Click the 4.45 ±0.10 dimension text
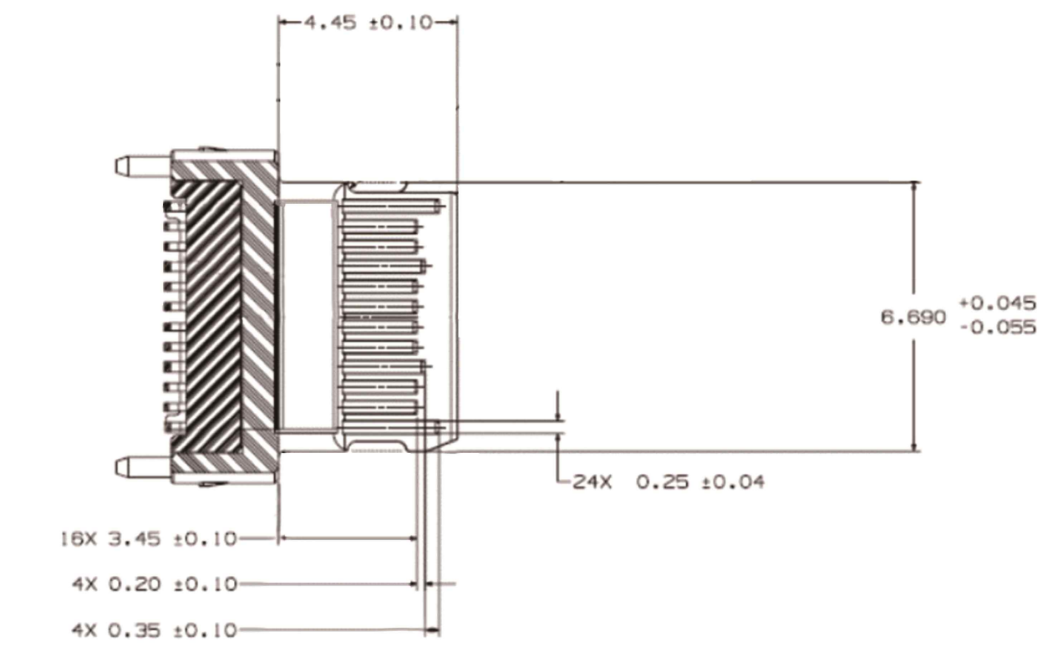(x=369, y=23)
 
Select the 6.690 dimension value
(x=913, y=317)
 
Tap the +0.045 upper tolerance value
(x=998, y=303)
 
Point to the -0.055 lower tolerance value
(x=999, y=327)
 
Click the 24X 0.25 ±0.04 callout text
(x=668, y=482)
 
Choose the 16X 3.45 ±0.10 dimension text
(x=148, y=538)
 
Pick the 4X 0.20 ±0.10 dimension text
(x=154, y=584)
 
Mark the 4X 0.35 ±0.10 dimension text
(x=154, y=630)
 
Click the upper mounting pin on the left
(x=143, y=165)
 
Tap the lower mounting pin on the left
(x=143, y=467)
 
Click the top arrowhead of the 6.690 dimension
(x=915, y=187)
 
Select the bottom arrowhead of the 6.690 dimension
(x=915, y=446)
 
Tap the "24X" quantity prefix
(x=592, y=482)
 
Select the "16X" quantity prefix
(x=78, y=538)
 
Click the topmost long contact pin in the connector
(x=391, y=205)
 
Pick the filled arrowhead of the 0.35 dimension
(x=433, y=630)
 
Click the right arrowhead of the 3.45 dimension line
(x=412, y=538)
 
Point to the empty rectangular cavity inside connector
(x=307, y=316)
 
